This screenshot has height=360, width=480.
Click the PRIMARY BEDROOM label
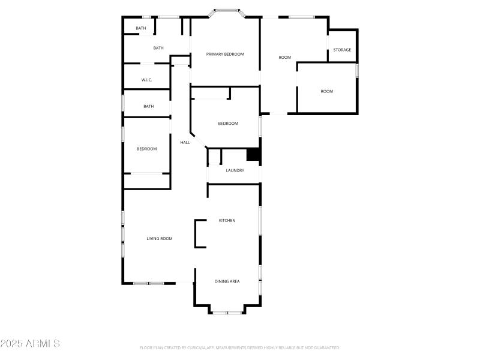[x=225, y=54]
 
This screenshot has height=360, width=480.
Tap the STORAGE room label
[x=342, y=50]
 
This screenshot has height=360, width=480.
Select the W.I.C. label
[x=146, y=80]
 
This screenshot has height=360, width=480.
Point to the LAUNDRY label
[x=235, y=170]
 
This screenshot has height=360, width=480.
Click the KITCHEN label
[x=227, y=220]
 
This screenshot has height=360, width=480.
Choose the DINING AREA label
[x=227, y=281]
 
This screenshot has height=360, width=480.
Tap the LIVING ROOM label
[x=160, y=238]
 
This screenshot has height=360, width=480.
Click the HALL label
[x=185, y=142]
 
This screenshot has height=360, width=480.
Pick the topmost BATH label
[x=140, y=28]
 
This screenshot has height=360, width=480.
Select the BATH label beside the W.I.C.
[x=158, y=48]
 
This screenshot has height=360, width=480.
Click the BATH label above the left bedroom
[x=148, y=106]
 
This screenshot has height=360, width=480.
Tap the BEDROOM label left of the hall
[x=146, y=149]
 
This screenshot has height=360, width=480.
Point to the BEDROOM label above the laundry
[x=227, y=124]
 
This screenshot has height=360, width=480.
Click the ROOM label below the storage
[x=326, y=91]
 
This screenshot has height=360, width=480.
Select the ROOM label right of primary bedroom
[x=284, y=58]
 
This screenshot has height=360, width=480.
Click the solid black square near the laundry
[x=254, y=155]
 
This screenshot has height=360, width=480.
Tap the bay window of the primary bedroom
[x=226, y=10]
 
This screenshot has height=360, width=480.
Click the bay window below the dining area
[x=227, y=312]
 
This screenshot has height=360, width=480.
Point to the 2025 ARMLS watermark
[x=30, y=344]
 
